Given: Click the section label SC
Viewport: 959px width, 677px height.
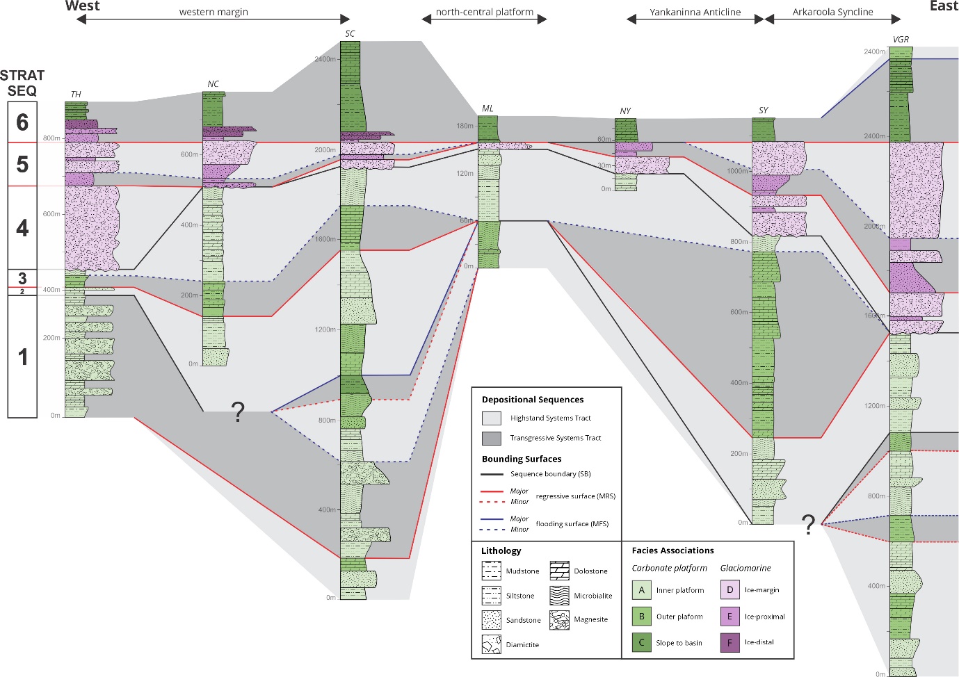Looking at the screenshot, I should coord(350,33).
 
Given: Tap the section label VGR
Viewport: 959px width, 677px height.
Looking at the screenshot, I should coord(901,40).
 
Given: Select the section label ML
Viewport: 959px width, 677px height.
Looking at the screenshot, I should coord(487,108).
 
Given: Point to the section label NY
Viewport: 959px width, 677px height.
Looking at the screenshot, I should coord(625,111).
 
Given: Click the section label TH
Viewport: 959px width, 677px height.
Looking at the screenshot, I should coord(76,94).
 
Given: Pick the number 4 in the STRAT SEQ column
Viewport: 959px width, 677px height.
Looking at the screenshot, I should coord(22,228).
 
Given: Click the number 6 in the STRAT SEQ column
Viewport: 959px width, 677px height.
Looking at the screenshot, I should coord(22,122).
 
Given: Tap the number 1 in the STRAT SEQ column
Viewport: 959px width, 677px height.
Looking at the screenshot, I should coord(22,357).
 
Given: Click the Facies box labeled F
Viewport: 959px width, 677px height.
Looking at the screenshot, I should coord(730,643).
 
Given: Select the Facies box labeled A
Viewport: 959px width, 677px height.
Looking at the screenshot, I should coord(642,590).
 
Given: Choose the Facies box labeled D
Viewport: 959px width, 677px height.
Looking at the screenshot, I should coord(730,590).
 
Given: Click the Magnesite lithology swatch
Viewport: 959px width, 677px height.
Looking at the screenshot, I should coord(559,620).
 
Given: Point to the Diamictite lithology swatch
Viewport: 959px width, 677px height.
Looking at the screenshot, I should coord(492,644).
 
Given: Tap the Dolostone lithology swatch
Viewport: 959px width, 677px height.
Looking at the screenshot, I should coord(559,571).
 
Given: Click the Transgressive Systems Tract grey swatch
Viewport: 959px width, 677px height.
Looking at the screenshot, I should coord(492,439).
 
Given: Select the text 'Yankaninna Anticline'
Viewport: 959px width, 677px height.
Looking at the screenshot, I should coord(695,13).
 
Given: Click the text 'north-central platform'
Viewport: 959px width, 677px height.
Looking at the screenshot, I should coord(485,13).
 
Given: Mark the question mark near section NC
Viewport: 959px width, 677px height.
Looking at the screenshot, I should coord(238,412).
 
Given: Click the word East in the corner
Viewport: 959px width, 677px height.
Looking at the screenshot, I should coord(944,6).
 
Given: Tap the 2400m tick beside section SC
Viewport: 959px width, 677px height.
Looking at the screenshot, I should coord(325,59).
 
